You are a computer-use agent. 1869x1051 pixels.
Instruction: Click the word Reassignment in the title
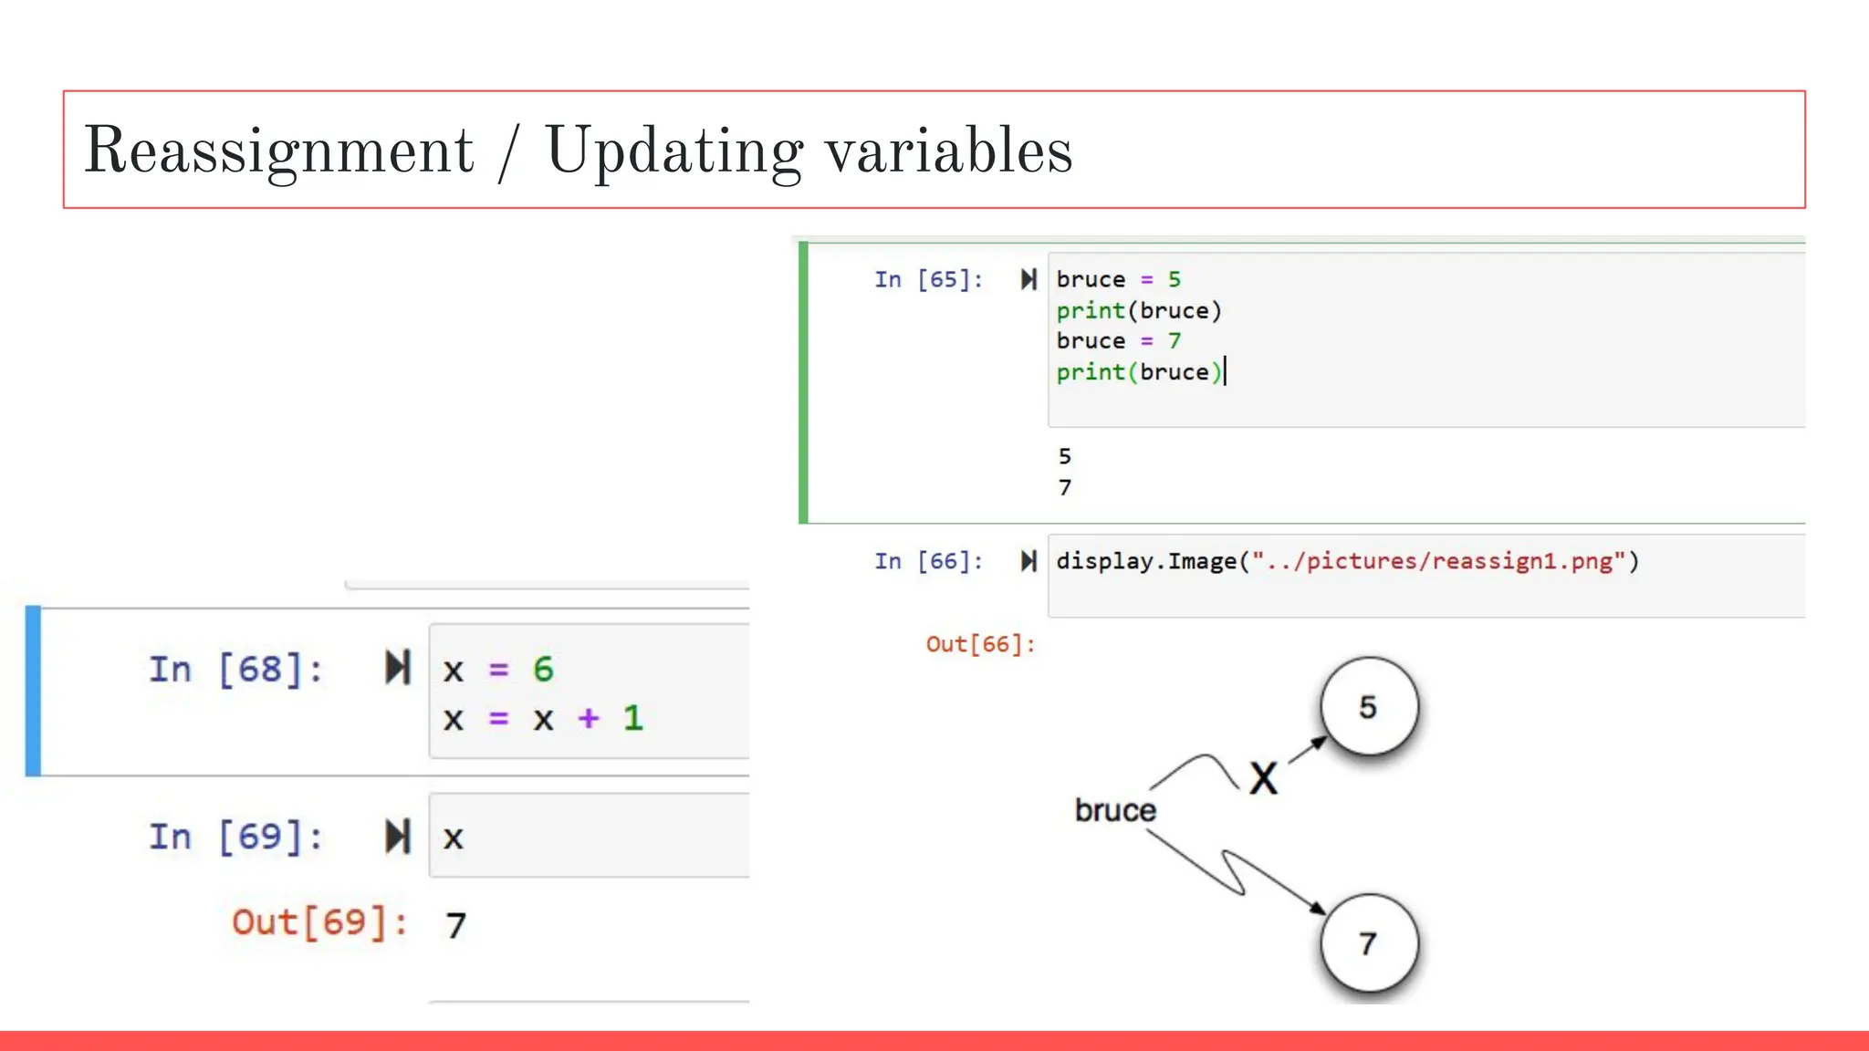click(x=279, y=151)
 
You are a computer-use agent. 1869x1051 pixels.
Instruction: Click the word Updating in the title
click(x=673, y=151)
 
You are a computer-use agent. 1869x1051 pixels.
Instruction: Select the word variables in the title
click(x=949, y=151)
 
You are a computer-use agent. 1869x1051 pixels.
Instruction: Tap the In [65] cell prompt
click(x=928, y=279)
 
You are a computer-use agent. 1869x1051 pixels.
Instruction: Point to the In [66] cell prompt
click(x=928, y=561)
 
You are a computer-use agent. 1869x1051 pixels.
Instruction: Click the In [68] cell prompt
click(x=235, y=670)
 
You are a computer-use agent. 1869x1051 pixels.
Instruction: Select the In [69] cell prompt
click(x=235, y=837)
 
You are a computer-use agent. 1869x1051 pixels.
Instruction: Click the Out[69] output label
click(x=318, y=922)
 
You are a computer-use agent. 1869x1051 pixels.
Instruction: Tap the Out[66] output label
click(x=980, y=644)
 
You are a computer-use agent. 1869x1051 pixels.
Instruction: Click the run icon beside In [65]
click(x=1028, y=279)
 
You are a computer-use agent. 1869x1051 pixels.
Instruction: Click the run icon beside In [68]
click(x=398, y=668)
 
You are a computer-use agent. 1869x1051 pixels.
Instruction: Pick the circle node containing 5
click(x=1369, y=706)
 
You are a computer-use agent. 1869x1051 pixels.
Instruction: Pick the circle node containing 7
click(x=1369, y=942)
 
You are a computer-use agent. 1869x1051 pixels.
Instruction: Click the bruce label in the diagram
click(x=1114, y=810)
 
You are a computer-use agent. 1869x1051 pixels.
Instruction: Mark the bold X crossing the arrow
click(x=1264, y=779)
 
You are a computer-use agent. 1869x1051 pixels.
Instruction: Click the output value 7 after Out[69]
click(x=456, y=926)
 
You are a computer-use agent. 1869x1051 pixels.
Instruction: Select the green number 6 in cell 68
click(x=543, y=670)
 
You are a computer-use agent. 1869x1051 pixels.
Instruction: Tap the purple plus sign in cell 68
click(x=589, y=718)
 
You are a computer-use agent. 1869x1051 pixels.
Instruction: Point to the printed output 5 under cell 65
click(x=1064, y=456)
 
